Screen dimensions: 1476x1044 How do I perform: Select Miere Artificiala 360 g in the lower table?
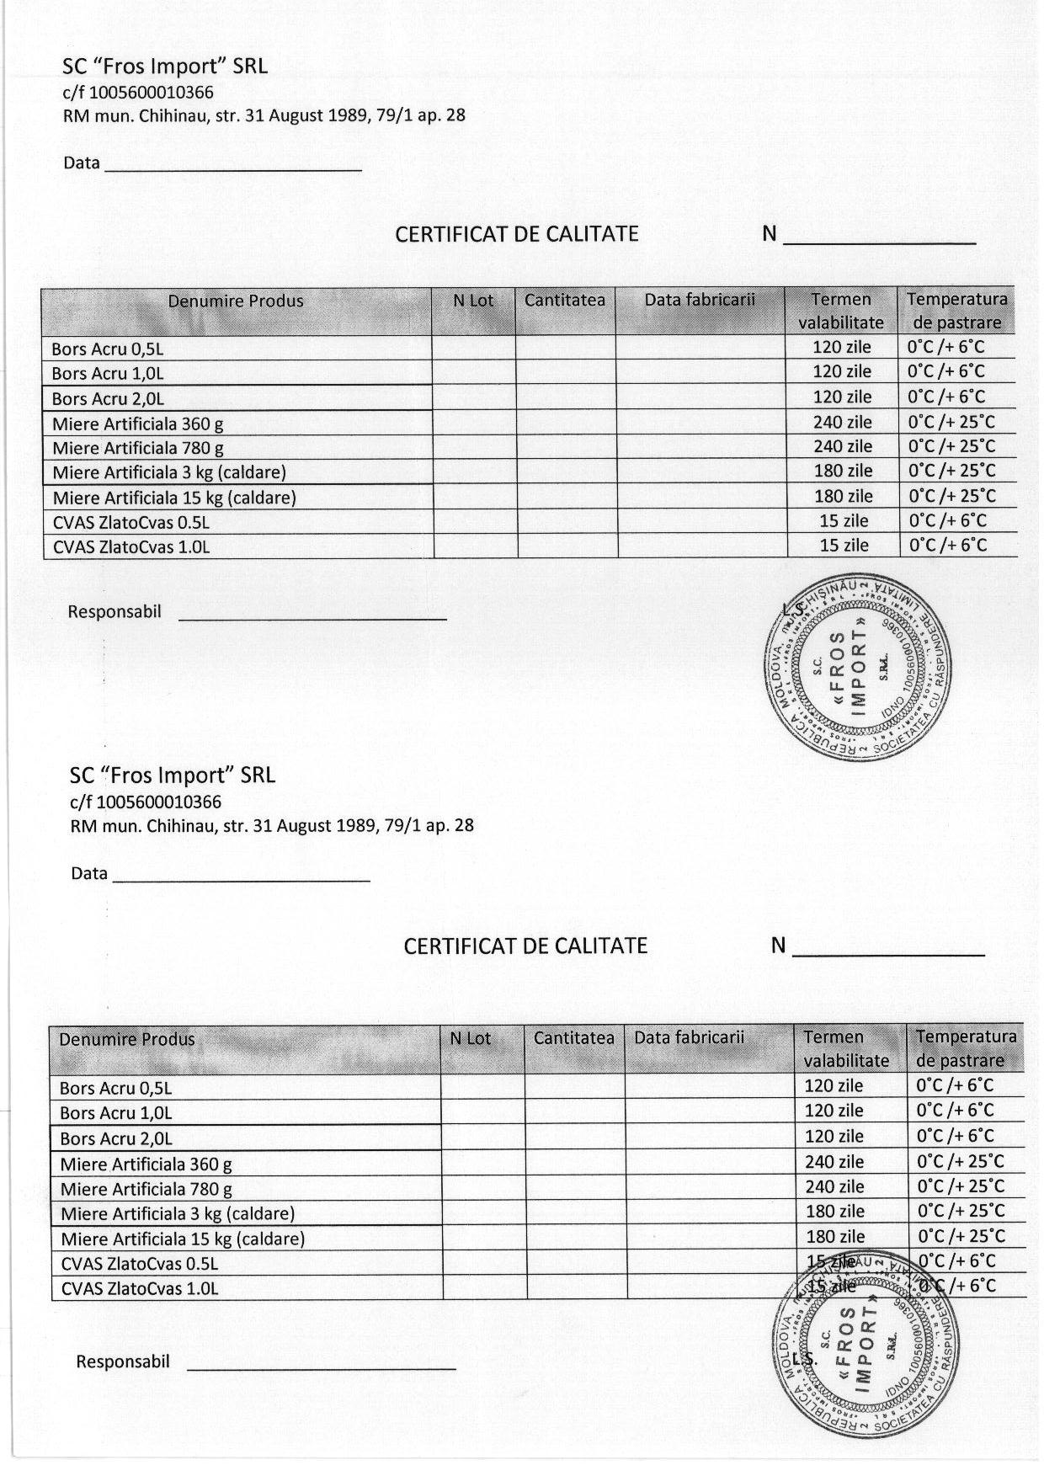coord(146,1164)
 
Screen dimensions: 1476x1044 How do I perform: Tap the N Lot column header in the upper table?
coord(473,301)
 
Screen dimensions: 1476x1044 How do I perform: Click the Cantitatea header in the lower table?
coord(573,1038)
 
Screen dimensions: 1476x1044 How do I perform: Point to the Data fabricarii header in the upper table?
coord(700,301)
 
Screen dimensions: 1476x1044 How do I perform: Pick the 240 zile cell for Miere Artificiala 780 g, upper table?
coord(842,446)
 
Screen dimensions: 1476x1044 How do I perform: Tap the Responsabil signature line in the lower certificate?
coord(321,1361)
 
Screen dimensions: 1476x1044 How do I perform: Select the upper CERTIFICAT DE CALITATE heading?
coord(517,234)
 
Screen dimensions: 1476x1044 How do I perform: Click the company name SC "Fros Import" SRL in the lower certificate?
coord(173,775)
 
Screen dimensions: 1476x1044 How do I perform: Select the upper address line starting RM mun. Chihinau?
coord(264,115)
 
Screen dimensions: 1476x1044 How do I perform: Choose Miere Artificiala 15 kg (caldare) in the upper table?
coord(174,498)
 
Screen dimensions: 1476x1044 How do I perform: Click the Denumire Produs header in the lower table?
coord(126,1040)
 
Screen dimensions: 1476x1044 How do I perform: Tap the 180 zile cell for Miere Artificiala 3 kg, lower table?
coord(834,1212)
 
